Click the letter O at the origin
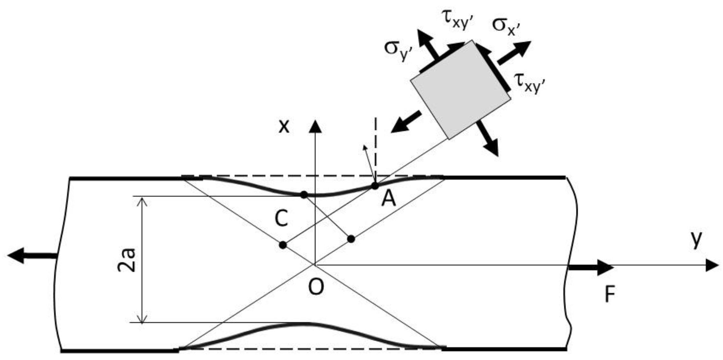pyautogui.click(x=316, y=287)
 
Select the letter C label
pyautogui.click(x=281, y=219)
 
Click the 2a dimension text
pyautogui.click(x=126, y=260)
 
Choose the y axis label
pyautogui.click(x=696, y=240)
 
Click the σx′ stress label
pyautogui.click(x=506, y=26)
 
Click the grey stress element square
pyautogui.click(x=460, y=90)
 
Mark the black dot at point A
pyautogui.click(x=375, y=186)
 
